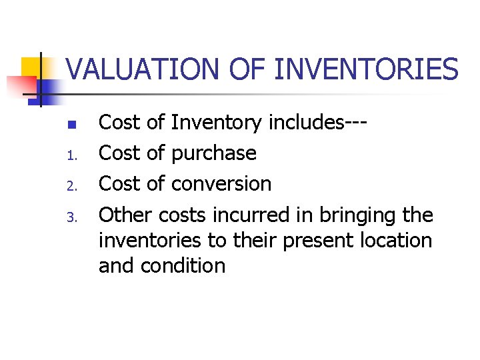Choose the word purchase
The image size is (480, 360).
click(x=213, y=154)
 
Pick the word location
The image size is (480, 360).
click(x=398, y=240)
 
